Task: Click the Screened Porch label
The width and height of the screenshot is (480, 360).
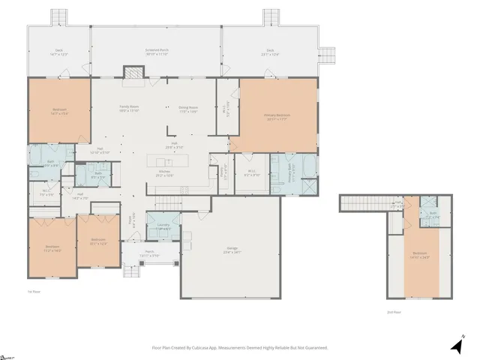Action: (156, 52)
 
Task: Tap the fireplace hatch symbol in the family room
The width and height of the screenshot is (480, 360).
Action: (133, 73)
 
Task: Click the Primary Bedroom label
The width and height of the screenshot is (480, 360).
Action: (277, 116)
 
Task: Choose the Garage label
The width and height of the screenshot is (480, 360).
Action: (232, 250)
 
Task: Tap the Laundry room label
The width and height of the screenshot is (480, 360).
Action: (163, 226)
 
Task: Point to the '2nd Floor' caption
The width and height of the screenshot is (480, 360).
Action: (394, 311)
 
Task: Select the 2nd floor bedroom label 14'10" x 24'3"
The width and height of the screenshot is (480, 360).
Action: (421, 255)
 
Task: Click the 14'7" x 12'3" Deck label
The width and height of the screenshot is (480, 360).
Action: (58, 52)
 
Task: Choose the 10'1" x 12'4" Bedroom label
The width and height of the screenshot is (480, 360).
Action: (98, 241)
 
